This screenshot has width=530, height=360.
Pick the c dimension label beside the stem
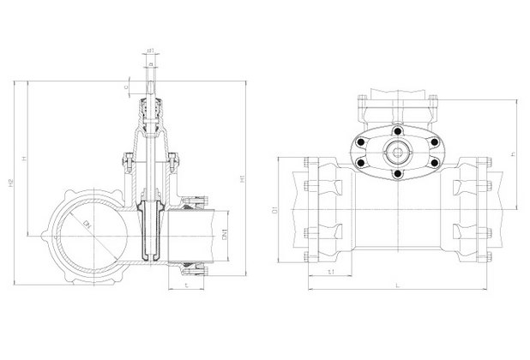[x=125, y=86]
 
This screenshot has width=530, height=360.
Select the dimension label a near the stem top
[x=150, y=62]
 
